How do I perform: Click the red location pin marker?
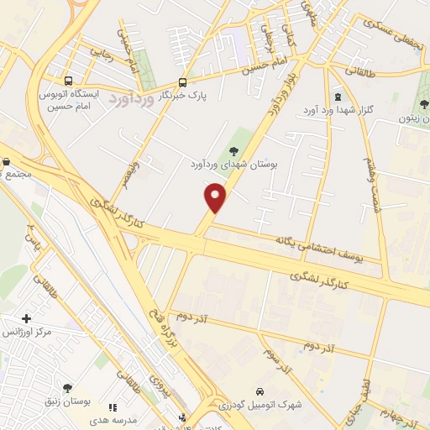tap(216, 198)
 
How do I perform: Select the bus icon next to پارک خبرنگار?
tap(182, 81)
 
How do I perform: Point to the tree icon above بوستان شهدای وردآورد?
tap(233, 150)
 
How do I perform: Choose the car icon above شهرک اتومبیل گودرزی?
tap(260, 391)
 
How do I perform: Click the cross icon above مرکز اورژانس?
tap(27, 318)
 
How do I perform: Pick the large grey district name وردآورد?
tap(131, 99)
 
